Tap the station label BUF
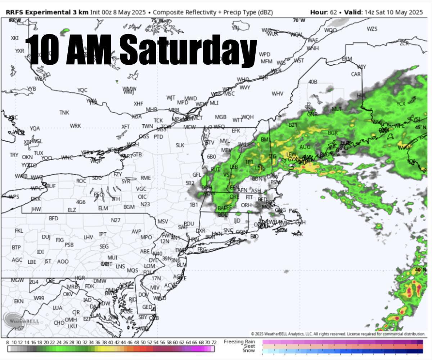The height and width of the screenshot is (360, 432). tap(51, 186)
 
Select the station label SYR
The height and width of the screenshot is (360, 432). tap(126, 181)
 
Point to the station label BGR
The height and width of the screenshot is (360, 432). tap(333, 133)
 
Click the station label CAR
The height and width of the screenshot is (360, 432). tap(356, 74)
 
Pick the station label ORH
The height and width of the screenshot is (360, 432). tap(246, 205)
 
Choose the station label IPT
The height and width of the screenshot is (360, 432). tap(103, 234)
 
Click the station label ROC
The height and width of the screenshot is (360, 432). tap(81, 181)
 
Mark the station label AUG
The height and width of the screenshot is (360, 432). tap(305, 147)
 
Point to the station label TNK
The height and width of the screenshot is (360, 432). tap(64, 113)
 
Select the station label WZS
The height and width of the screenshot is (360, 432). tap(372, 29)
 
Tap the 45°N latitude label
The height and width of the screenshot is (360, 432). tap(420, 127)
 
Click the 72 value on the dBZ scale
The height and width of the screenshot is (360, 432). tap(214, 342)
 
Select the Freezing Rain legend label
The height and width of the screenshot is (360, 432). tap(239, 342)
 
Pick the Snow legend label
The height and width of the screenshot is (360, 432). tap(248, 351)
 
